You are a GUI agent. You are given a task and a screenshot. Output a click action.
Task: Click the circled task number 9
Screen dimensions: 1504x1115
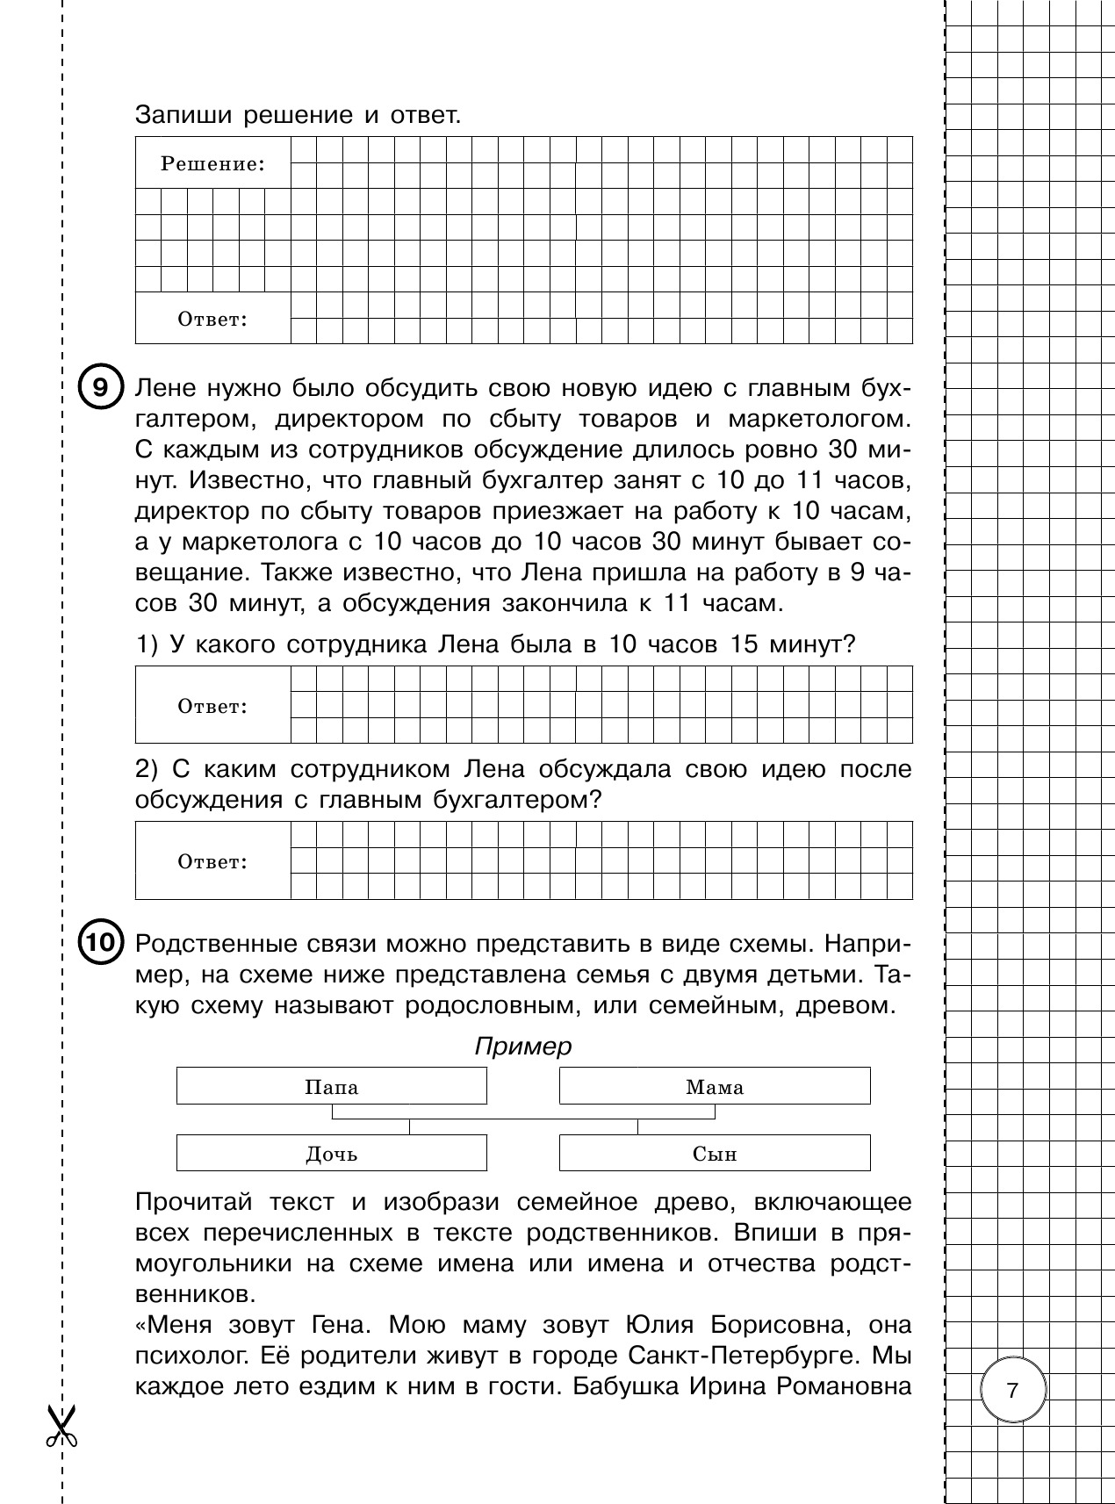pos(101,388)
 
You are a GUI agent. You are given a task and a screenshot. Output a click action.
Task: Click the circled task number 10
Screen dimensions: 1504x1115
pos(101,943)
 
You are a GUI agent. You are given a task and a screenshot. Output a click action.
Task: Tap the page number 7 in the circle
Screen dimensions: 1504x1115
pos(1013,1390)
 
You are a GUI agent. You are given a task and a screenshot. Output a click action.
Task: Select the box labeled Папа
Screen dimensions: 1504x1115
pos(331,1087)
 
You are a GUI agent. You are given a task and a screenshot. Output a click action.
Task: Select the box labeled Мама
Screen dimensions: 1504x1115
pos(714,1087)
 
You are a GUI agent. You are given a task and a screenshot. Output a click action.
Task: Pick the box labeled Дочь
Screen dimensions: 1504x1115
pos(331,1154)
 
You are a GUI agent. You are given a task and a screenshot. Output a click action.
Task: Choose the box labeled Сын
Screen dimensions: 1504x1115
pos(714,1154)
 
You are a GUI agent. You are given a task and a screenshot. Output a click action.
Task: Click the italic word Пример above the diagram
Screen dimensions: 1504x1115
pos(522,1047)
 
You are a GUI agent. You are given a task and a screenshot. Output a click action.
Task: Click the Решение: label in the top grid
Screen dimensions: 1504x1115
pos(212,163)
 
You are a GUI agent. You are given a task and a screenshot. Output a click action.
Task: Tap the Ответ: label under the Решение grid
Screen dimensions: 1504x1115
pos(212,320)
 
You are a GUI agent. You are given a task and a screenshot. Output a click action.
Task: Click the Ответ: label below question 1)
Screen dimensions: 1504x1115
pos(212,706)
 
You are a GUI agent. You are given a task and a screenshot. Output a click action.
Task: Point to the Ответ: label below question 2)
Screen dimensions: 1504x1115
pos(212,861)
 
